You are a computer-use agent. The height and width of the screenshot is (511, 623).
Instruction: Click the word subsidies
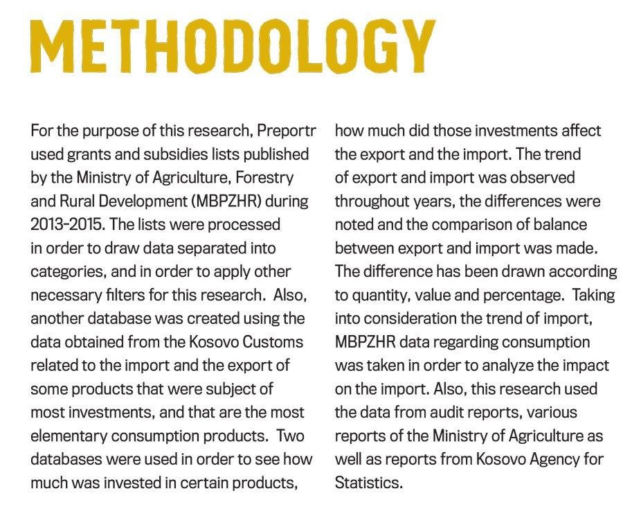point(169,154)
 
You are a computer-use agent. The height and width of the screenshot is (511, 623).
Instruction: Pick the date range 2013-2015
point(64,225)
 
